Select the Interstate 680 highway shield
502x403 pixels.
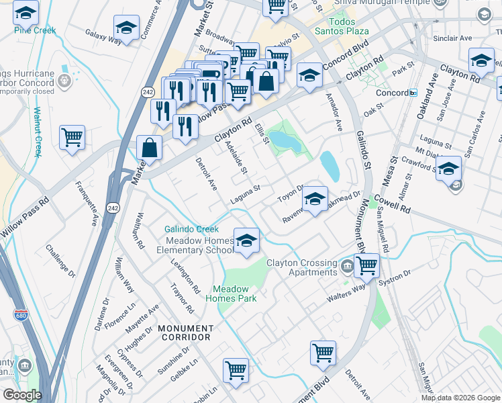coord(20,314)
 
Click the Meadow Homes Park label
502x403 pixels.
coord(235,294)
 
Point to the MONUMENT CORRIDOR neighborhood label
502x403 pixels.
coord(185,333)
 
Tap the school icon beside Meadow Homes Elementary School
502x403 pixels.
coord(246,240)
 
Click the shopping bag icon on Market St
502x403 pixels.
coord(149,147)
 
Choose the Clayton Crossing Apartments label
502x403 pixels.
coord(301,267)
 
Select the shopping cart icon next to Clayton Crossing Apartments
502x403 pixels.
coord(366,265)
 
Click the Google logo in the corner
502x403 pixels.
coord(21,394)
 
